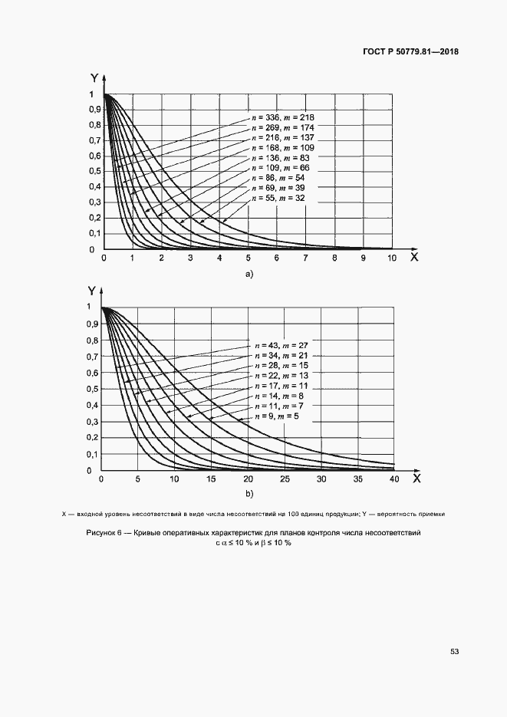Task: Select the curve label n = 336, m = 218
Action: (x=283, y=117)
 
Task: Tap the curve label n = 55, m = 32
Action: (x=283, y=198)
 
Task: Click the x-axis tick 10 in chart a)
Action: (x=391, y=258)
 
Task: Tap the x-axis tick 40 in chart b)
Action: (x=393, y=479)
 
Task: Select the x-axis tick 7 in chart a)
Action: (x=305, y=258)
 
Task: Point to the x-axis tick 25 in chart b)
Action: (x=284, y=479)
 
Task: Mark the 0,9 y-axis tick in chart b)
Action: (x=94, y=324)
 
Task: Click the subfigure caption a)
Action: (x=248, y=273)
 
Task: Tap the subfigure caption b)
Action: (x=248, y=494)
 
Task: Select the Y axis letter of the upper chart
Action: (x=93, y=77)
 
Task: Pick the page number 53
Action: (x=454, y=652)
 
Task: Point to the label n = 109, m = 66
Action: (x=283, y=167)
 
